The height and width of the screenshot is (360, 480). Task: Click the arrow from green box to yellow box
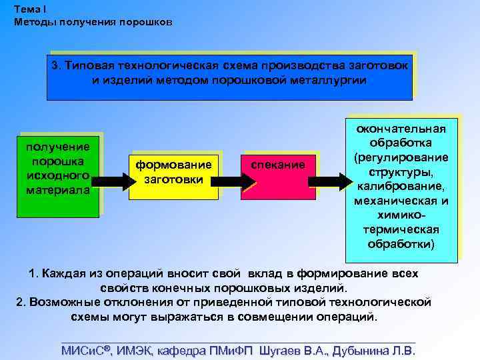point(111,180)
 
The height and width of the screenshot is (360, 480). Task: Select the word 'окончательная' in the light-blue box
point(402,129)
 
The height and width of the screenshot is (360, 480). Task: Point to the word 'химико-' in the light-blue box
point(402,215)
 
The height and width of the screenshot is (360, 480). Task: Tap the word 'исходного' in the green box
point(57,175)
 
